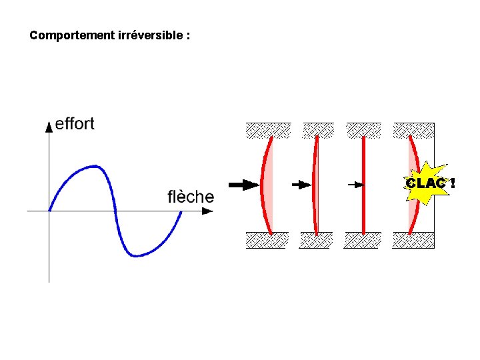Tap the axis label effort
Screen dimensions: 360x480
[x=75, y=123]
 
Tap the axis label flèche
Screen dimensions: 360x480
[x=191, y=197]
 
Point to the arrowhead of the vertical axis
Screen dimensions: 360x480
[x=49, y=126]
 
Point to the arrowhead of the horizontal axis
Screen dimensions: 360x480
[x=208, y=211]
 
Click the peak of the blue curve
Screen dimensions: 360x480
[x=95, y=166]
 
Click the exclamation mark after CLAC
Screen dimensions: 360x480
[x=453, y=183]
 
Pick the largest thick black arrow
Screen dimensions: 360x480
[x=243, y=184]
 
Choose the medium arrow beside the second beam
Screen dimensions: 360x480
[x=301, y=184]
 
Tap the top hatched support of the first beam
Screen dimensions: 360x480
[x=269, y=129]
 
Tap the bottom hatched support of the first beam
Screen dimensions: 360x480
[x=267, y=239]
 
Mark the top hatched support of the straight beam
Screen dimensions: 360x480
[x=363, y=129]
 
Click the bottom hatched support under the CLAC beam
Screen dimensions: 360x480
[x=414, y=239]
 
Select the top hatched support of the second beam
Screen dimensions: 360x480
[x=318, y=129]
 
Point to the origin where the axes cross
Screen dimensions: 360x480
[x=49, y=211]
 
